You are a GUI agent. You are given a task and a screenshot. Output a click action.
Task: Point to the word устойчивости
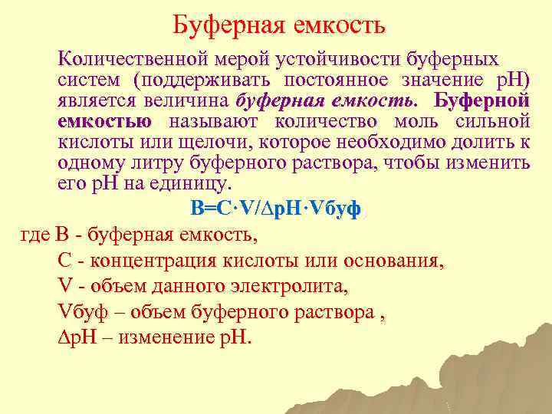(338, 59)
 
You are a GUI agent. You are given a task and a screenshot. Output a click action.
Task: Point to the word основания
(393, 260)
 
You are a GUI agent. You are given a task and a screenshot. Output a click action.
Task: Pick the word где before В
(35, 234)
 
